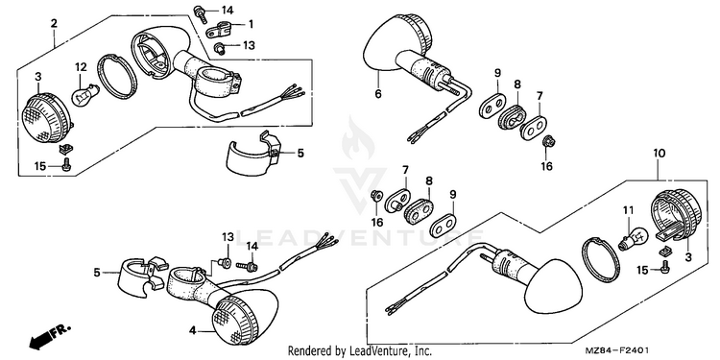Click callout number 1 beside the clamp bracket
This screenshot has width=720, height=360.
[251, 23]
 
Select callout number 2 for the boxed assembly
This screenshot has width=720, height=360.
[54, 23]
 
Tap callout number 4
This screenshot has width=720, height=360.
[193, 330]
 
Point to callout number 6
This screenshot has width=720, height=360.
[378, 94]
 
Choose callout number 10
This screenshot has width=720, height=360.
[659, 154]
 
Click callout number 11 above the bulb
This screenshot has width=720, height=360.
[628, 210]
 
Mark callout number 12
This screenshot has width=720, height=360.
[81, 67]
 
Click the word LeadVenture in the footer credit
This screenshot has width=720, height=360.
[377, 351]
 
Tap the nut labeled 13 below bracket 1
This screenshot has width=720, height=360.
[220, 47]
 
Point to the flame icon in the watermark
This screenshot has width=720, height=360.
[358, 137]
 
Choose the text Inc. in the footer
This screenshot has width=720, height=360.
[423, 351]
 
